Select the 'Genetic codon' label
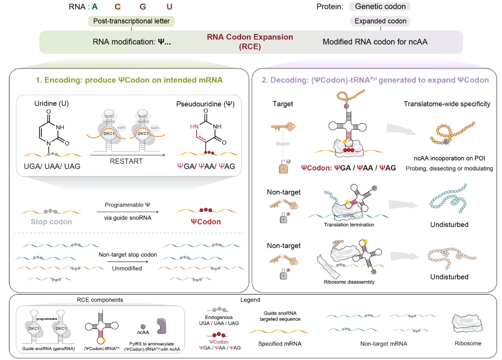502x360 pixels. pyautogui.click(x=380, y=7)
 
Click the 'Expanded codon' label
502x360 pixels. pyautogui.click(x=380, y=21)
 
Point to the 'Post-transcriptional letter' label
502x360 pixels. pyautogui.click(x=131, y=21)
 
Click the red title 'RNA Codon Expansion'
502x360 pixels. pyautogui.click(x=251, y=37)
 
